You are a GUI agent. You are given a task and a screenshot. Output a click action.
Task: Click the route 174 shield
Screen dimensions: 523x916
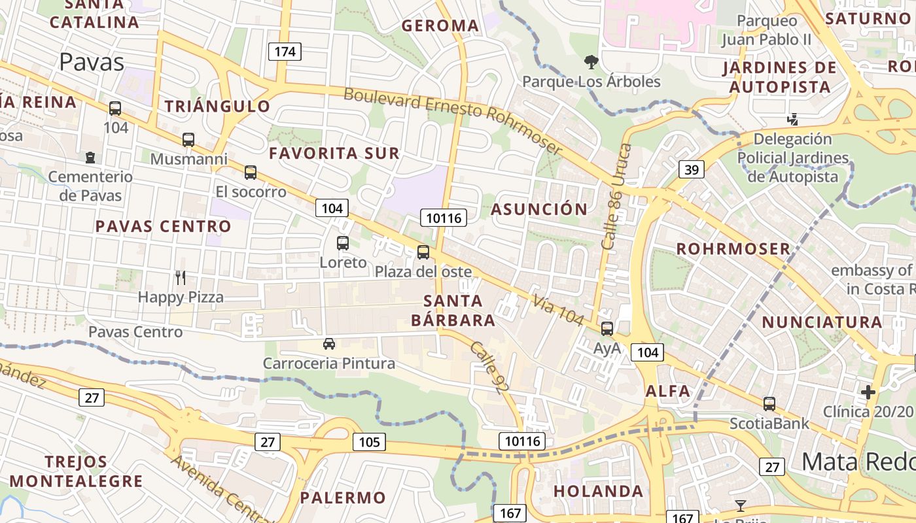(x=285, y=52)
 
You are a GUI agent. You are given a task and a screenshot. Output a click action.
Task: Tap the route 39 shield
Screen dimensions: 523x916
(x=692, y=170)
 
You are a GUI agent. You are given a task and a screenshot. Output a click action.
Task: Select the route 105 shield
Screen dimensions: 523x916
(x=369, y=442)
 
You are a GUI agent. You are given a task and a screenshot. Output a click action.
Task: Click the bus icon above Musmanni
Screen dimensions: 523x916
(x=188, y=140)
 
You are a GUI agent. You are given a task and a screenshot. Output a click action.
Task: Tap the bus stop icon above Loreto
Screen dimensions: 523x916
(x=343, y=243)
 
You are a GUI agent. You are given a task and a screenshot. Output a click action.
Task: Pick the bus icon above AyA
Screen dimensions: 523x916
(x=607, y=329)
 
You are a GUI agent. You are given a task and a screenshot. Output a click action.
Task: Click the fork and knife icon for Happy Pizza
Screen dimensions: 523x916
(x=181, y=278)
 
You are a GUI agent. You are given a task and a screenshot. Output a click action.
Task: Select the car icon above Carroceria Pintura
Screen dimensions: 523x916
(x=329, y=344)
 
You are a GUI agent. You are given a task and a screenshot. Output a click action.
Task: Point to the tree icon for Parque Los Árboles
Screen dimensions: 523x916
(x=591, y=63)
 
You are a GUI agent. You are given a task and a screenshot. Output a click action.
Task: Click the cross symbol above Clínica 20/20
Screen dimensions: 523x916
(x=868, y=392)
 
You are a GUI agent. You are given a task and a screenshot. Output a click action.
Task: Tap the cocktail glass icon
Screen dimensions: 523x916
(x=740, y=505)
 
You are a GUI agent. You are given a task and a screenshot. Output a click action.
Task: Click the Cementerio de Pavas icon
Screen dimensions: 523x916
(x=90, y=158)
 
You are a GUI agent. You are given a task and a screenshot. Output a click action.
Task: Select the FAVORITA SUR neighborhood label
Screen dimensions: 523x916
(x=334, y=154)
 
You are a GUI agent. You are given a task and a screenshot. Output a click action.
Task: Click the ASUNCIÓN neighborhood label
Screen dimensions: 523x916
(x=539, y=209)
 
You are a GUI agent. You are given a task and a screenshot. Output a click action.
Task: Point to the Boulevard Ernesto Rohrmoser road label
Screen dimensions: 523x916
(x=453, y=121)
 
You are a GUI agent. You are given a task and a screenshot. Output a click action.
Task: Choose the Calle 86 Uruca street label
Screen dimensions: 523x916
(x=616, y=196)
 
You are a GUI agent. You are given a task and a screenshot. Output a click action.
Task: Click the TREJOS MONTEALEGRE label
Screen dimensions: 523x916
(x=76, y=471)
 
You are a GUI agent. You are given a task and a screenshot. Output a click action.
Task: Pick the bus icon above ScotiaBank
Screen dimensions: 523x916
(x=769, y=404)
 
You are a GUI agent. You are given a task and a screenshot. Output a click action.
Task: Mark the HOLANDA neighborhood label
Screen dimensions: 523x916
(x=598, y=491)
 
